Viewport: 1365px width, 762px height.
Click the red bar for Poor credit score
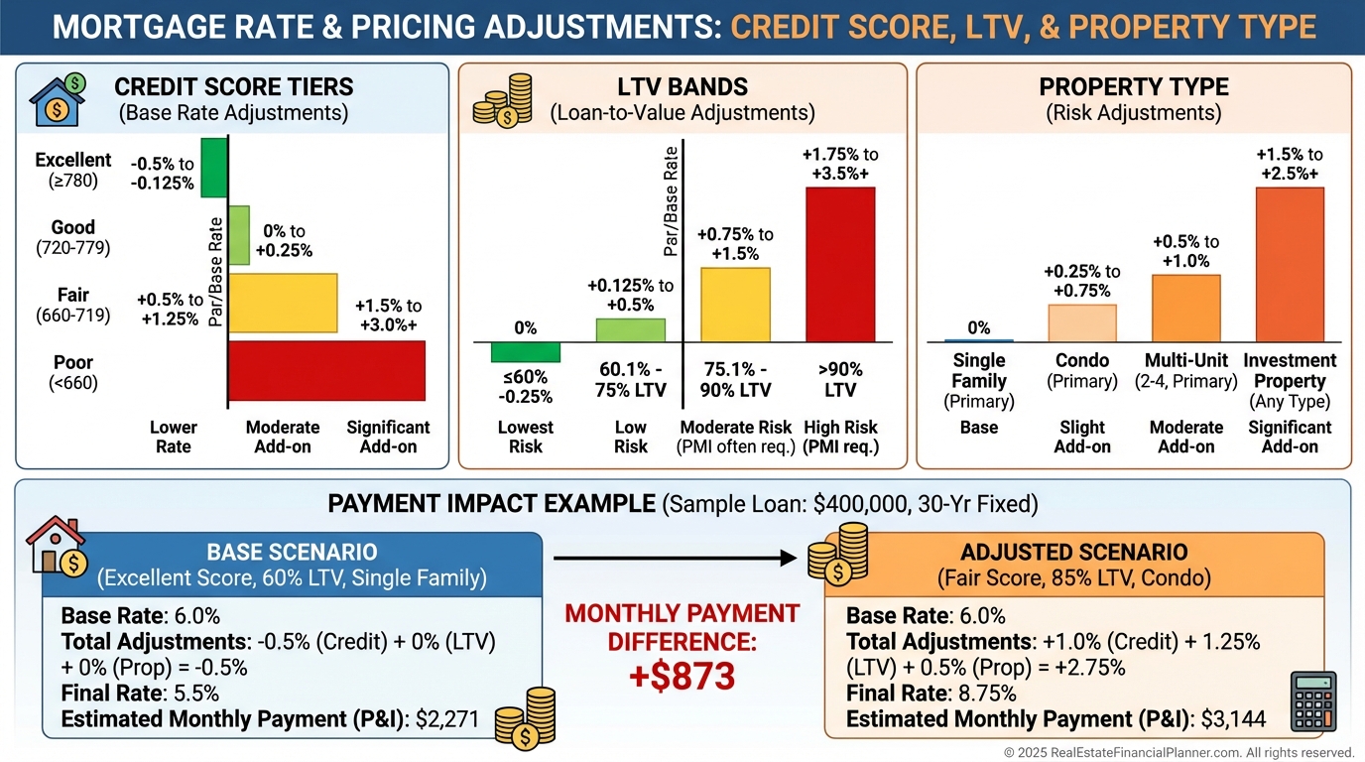click(x=326, y=370)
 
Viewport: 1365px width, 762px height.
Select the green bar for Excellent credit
click(x=214, y=169)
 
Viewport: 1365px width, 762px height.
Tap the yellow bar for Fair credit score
click(x=283, y=302)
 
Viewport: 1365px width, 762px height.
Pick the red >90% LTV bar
click(x=840, y=264)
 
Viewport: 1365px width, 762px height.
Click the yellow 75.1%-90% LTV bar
click(x=735, y=305)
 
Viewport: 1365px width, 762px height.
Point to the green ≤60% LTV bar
click(x=526, y=352)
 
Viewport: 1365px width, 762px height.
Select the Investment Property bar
click(x=1290, y=264)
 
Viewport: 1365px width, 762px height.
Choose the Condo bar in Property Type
click(x=1082, y=322)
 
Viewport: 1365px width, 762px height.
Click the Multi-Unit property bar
click(x=1185, y=308)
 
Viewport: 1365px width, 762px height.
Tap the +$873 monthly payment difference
click(x=682, y=676)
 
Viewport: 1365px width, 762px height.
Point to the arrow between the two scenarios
click(x=675, y=559)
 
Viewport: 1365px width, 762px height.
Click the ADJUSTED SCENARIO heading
click(x=1074, y=552)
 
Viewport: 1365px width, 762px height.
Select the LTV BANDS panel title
click(x=682, y=86)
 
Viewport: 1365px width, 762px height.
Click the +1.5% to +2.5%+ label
click(x=1289, y=164)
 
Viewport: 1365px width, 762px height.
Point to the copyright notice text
click(x=1179, y=752)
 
